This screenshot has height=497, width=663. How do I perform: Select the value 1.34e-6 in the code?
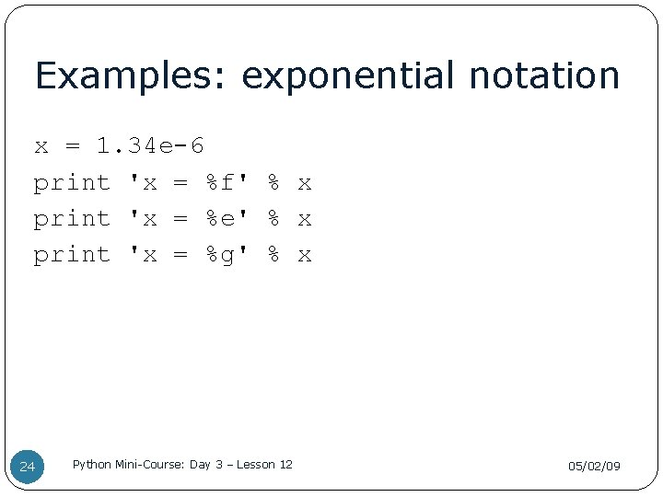[151, 146]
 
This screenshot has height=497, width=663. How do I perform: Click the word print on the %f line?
[72, 182]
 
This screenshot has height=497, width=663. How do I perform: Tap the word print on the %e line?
[72, 218]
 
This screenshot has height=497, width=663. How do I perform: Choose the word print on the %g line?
[72, 255]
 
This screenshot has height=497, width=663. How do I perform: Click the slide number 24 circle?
[28, 467]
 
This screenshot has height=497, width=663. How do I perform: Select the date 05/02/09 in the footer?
[594, 467]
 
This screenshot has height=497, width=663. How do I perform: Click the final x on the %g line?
[305, 255]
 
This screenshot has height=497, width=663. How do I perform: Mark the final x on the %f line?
[305, 183]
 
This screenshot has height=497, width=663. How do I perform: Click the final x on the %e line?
[305, 219]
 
